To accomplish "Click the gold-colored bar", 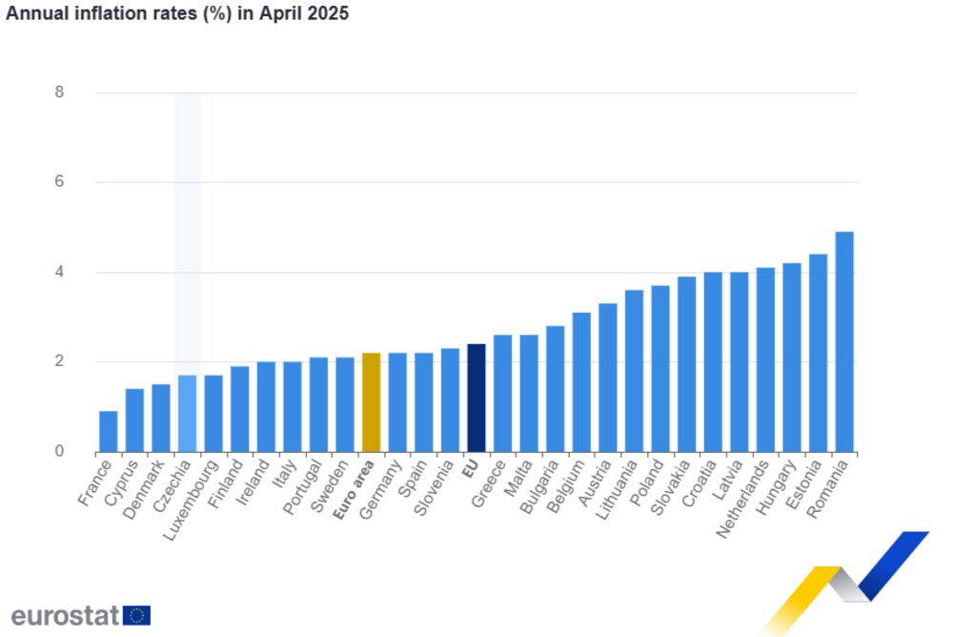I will coord(371,401).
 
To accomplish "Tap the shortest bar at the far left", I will coord(108,430).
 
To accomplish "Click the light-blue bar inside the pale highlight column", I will coord(187,413).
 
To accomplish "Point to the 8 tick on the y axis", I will coord(59,92).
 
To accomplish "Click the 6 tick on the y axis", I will coord(59,182).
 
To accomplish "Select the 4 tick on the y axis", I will coord(59,273).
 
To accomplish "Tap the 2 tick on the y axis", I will coord(59,362).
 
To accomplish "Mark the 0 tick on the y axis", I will coord(59,451).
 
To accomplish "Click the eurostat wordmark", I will coord(65,615).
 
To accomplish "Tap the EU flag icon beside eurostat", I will coord(137,615).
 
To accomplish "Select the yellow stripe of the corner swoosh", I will coord(801,599).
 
